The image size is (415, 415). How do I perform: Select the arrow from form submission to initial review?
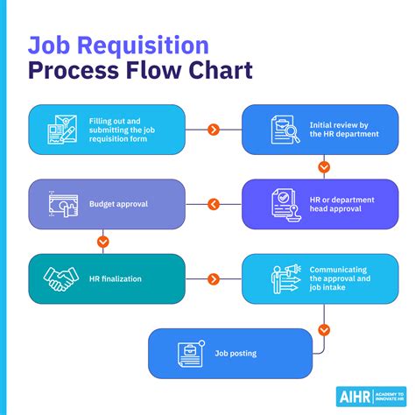(213, 130)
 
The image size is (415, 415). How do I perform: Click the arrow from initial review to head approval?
(323, 166)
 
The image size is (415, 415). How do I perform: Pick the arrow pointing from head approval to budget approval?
(213, 204)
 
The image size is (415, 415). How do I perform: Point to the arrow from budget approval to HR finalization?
(103, 241)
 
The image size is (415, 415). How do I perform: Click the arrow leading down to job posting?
(323, 329)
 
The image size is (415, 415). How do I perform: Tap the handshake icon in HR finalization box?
(60, 278)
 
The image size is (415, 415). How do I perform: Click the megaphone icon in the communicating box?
(282, 278)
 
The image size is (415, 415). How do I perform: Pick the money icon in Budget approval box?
(61, 204)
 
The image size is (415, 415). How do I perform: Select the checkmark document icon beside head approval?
(281, 204)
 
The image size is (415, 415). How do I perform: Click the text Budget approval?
(118, 204)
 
